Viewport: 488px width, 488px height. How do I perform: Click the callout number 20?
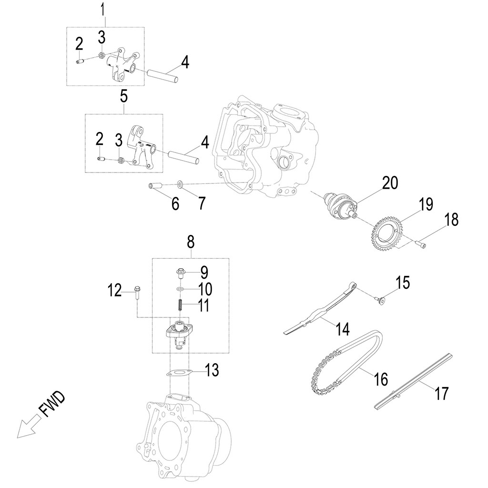[390, 183]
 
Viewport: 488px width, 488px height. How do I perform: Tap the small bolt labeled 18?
[421, 244]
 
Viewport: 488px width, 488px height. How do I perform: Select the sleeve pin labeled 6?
[155, 186]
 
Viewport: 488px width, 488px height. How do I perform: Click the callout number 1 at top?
[104, 9]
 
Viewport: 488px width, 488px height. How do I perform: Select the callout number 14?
[342, 329]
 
